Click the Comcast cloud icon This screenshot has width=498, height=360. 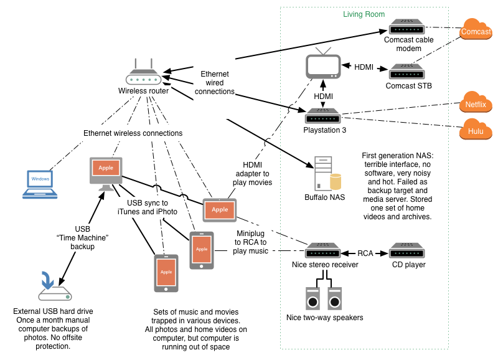[476, 31]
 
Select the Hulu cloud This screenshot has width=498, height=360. [476, 131]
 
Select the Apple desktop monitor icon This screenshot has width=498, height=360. [106, 171]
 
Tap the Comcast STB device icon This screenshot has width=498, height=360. [407, 72]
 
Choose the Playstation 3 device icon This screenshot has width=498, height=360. [322, 116]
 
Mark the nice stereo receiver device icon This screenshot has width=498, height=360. [322, 253]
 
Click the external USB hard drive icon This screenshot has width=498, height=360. [55, 288]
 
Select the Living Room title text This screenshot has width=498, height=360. [364, 14]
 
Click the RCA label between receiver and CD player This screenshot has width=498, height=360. [365, 253]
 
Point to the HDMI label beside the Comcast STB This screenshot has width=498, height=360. [364, 67]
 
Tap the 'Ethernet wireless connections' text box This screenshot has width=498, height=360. [133, 133]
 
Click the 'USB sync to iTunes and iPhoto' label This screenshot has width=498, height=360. [147, 207]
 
